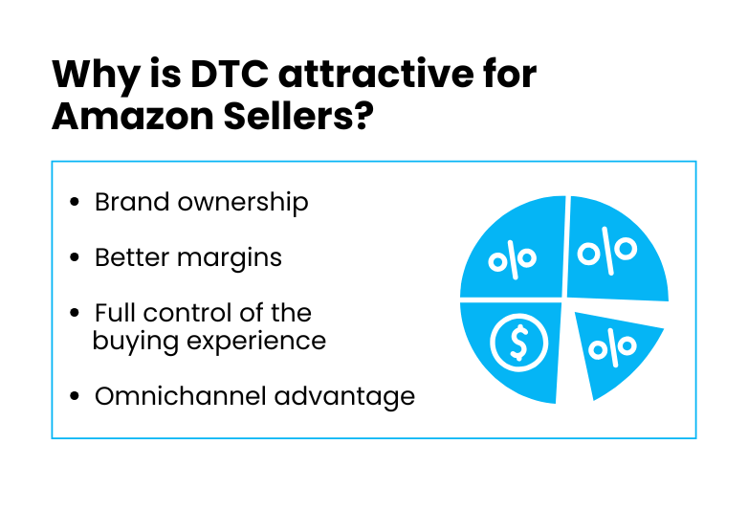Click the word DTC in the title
pyautogui.click(x=230, y=74)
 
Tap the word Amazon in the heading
pyautogui.click(x=133, y=117)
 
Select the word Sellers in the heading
pyautogui.click(x=288, y=117)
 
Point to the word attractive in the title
pyautogui.click(x=376, y=74)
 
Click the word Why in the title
pyautogui.click(x=96, y=77)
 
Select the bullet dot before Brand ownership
pyautogui.click(x=74, y=202)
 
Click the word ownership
pyautogui.click(x=243, y=203)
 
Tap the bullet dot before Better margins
pyautogui.click(x=74, y=257)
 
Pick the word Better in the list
pyautogui.click(x=132, y=257)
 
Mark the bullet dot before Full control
pyautogui.click(x=74, y=313)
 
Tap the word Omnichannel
pyautogui.click(x=181, y=396)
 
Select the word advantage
pyautogui.click(x=345, y=397)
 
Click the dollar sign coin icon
pyautogui.click(x=519, y=343)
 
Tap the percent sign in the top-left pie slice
pyautogui.click(x=513, y=260)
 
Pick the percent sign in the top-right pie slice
pyautogui.click(x=607, y=251)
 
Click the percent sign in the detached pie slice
pyautogui.click(x=612, y=347)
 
